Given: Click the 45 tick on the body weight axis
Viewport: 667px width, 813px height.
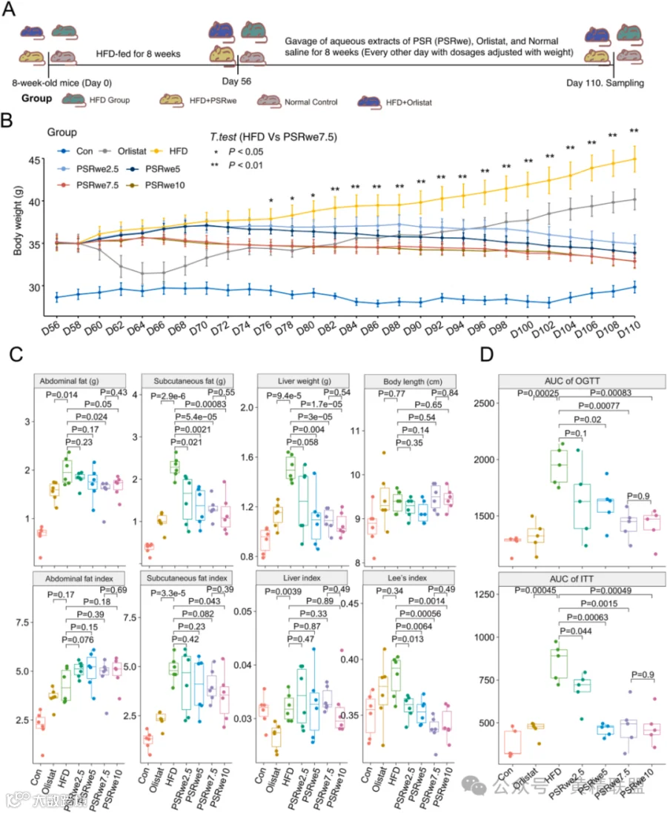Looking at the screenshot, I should coord(30,161).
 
